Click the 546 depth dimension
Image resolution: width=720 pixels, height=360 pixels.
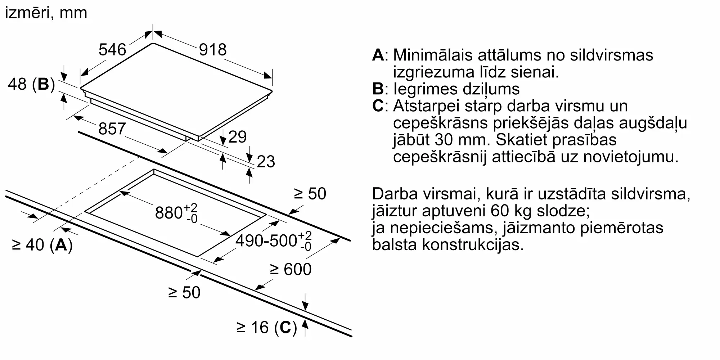(112, 50)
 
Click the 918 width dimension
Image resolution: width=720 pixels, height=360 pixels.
(213, 50)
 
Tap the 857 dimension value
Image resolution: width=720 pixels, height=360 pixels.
(112, 129)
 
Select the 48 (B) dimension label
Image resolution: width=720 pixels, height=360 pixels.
(31, 84)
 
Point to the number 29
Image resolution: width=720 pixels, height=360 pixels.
(237, 137)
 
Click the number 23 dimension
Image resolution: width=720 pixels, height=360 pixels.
(266, 162)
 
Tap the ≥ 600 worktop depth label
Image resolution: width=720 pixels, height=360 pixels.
(291, 269)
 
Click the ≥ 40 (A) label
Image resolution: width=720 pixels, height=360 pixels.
(42, 245)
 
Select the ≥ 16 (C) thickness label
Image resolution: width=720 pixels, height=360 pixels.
(266, 327)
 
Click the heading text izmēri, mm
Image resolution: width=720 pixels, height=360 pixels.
(46, 13)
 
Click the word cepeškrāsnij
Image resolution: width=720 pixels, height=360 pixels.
(440, 157)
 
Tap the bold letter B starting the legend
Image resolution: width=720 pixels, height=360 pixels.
(378, 89)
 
